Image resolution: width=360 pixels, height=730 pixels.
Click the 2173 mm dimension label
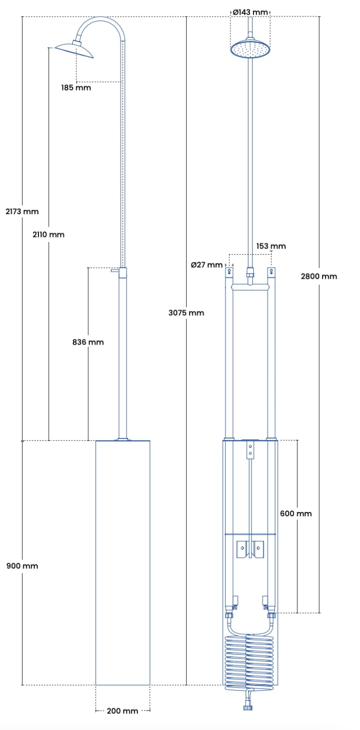22,212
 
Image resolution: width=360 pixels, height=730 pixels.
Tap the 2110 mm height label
49,234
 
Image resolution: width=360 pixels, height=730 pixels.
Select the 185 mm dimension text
76,87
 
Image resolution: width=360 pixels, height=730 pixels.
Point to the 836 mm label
88,342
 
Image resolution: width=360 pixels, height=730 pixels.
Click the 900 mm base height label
22,566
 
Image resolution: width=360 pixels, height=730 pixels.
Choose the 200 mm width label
123,711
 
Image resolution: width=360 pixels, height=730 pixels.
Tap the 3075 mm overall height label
186,312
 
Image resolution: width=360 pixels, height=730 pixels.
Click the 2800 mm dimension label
319,276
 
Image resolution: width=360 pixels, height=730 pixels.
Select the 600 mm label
296,513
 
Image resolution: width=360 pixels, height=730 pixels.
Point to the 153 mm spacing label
271,246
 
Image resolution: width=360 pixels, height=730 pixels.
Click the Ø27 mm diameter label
207,265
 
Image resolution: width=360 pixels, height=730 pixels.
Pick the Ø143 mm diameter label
250,12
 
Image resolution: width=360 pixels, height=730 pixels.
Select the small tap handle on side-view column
115,270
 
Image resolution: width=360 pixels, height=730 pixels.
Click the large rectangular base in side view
123,563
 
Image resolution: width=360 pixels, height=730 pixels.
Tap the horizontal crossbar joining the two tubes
250,287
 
